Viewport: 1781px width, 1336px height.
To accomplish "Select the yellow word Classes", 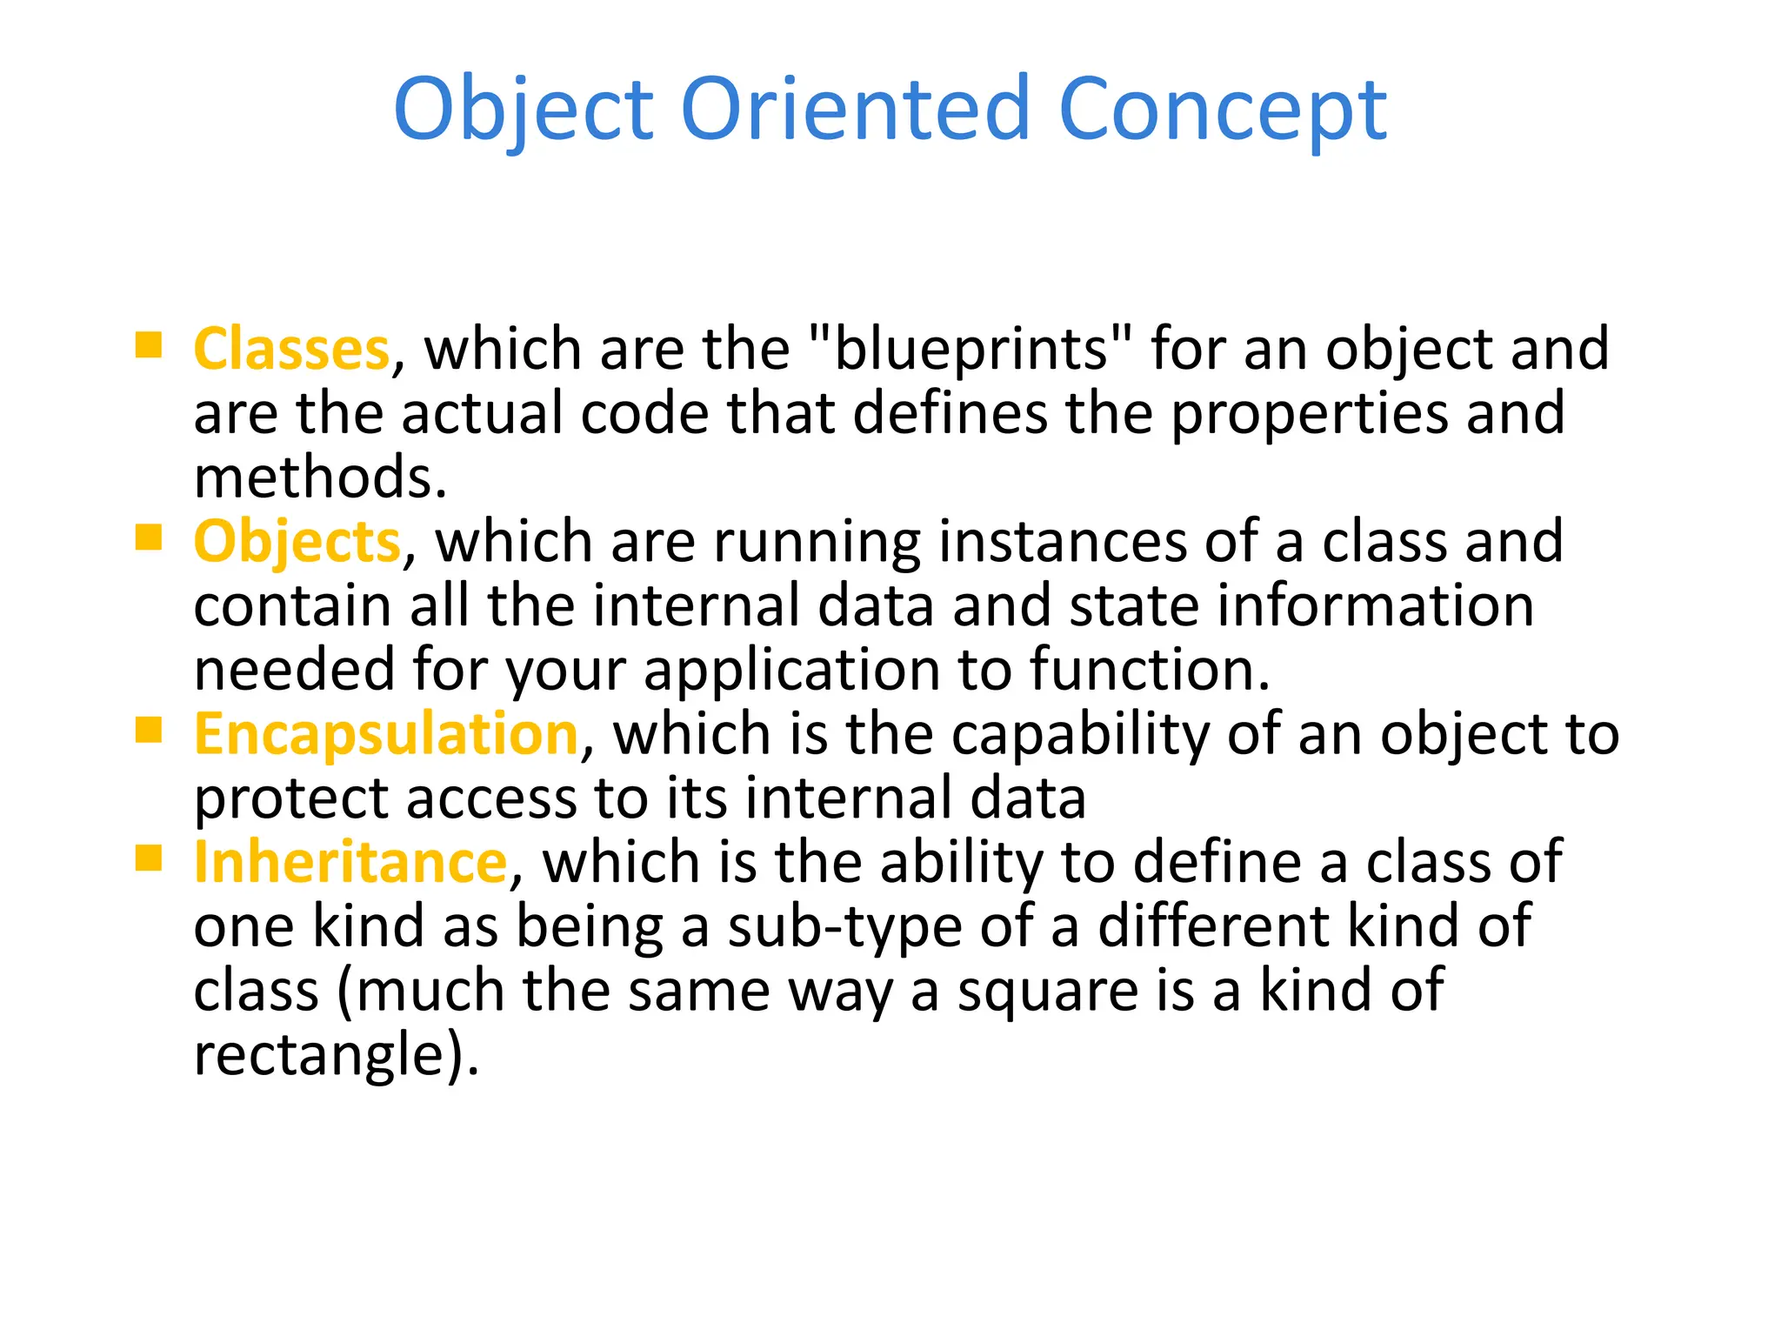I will point(291,349).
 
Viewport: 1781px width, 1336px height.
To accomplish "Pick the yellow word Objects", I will point(297,541).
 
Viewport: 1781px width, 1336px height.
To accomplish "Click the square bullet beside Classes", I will point(149,345).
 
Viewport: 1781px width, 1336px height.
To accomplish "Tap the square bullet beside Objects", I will point(149,538).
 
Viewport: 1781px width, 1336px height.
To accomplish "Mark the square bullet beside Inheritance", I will point(149,858).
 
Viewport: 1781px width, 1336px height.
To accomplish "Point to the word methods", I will point(319,478).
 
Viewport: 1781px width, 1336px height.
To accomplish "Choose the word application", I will point(791,671).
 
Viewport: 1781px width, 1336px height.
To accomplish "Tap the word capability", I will point(1080,735).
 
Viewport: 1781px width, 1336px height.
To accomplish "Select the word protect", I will point(290,798).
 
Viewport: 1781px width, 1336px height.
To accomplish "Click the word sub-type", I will point(844,927).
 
